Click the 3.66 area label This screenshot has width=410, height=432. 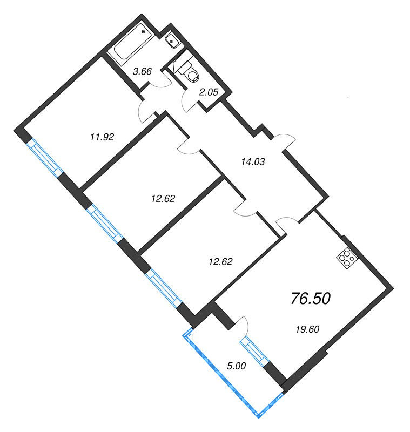pos(142,71)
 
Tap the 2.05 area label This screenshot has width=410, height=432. pos(209,92)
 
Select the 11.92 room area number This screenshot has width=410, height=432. pos(102,137)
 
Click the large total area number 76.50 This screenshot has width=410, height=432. pos(310,298)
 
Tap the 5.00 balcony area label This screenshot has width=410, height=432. pos(236,366)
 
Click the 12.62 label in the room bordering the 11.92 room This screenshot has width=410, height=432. pos(162,198)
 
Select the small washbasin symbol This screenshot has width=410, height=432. pos(172,39)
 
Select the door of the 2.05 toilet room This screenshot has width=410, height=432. pos(190,100)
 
